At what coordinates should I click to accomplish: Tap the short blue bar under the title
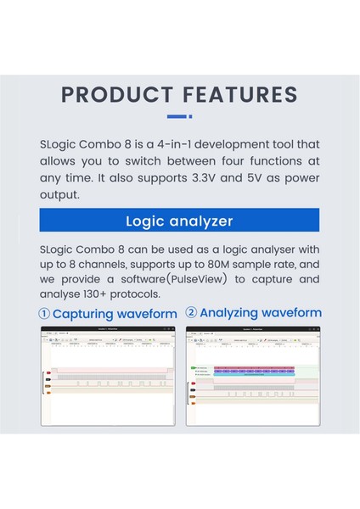(x=178, y=116)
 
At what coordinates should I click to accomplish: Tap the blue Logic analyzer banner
(x=179, y=221)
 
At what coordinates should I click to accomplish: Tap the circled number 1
(x=45, y=314)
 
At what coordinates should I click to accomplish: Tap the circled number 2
(x=192, y=313)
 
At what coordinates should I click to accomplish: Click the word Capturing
(x=84, y=314)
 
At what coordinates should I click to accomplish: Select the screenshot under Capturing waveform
(x=109, y=376)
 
